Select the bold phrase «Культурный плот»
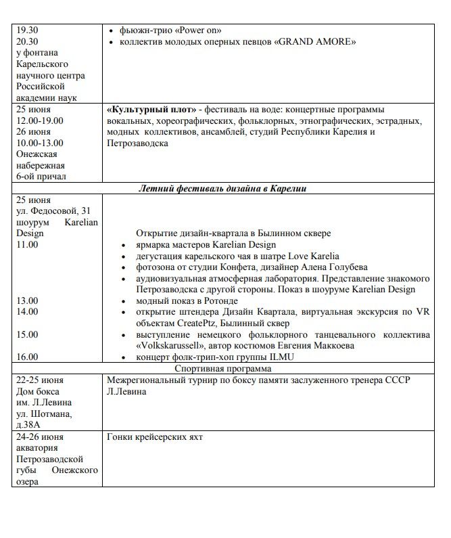[x=149, y=110]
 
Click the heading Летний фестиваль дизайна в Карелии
[x=224, y=189]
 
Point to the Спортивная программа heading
[x=223, y=369]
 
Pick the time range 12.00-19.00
[x=41, y=120]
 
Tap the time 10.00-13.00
[x=41, y=143]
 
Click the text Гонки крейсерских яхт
[x=155, y=436]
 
